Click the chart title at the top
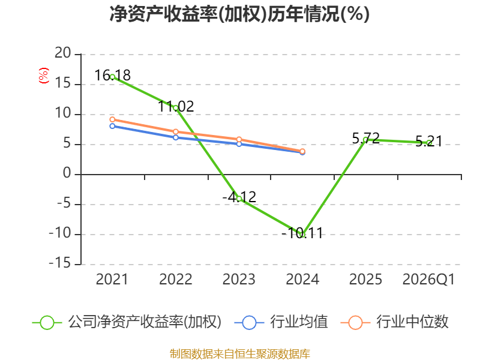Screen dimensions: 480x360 point(239,14)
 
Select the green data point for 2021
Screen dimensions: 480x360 point(112,77)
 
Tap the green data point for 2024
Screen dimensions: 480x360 point(302,235)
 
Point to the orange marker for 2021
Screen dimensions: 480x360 point(112,119)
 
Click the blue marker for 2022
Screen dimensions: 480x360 point(176,137)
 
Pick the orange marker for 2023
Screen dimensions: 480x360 point(239,140)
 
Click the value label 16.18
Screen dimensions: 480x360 point(112,76)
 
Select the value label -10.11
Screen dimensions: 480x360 point(302,233)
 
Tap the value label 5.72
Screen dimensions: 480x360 point(366,138)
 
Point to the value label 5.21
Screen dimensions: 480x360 point(429,142)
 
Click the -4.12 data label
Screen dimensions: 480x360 point(239,197)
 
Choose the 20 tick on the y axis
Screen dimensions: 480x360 point(63,53)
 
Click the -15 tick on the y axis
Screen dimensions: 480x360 point(60,263)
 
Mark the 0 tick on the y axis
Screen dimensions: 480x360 point(67,173)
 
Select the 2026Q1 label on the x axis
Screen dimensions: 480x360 point(429,279)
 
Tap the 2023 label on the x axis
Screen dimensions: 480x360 point(239,279)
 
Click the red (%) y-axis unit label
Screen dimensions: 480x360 point(43,76)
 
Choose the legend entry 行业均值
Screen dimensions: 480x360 point(281,322)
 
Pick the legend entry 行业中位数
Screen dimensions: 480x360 point(394,322)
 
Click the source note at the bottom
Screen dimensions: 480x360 point(240,353)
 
